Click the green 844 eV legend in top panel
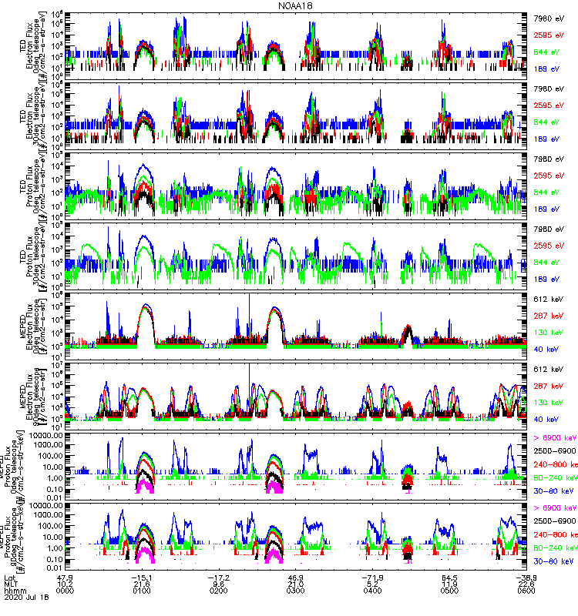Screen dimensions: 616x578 coord(551,51)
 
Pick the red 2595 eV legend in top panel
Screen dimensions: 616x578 coord(551,35)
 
